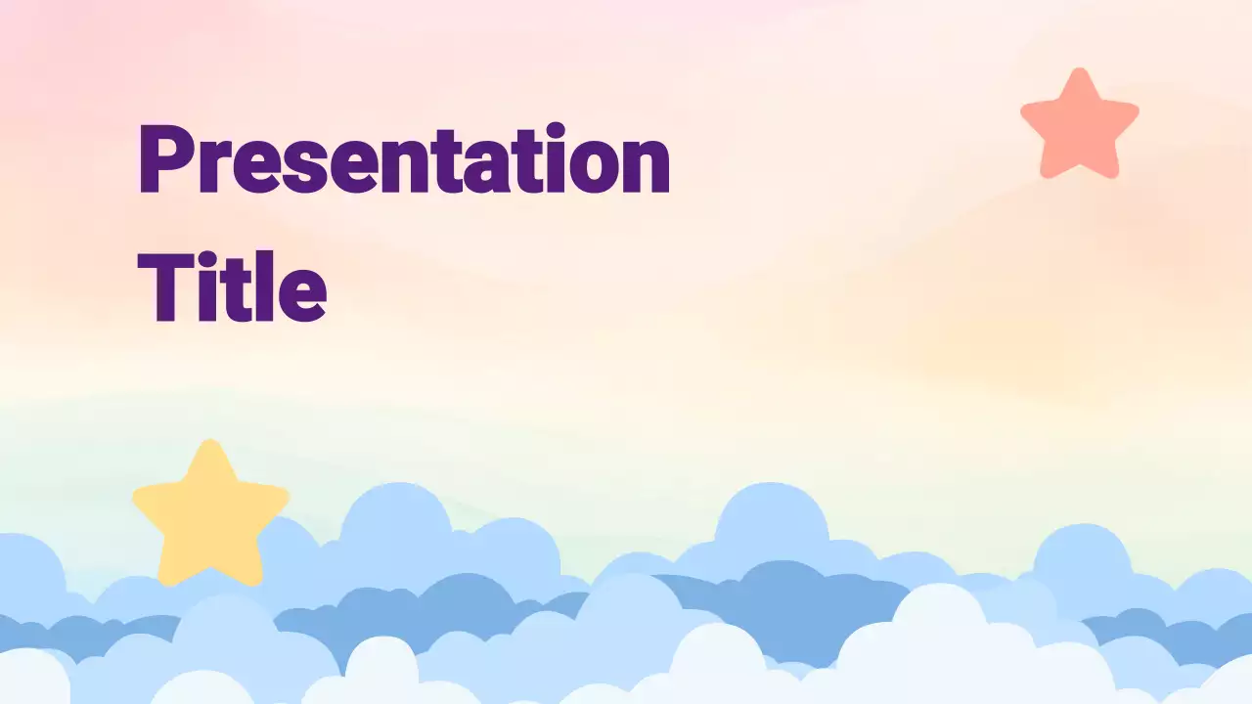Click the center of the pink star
click(1079, 127)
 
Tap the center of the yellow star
click(210, 516)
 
